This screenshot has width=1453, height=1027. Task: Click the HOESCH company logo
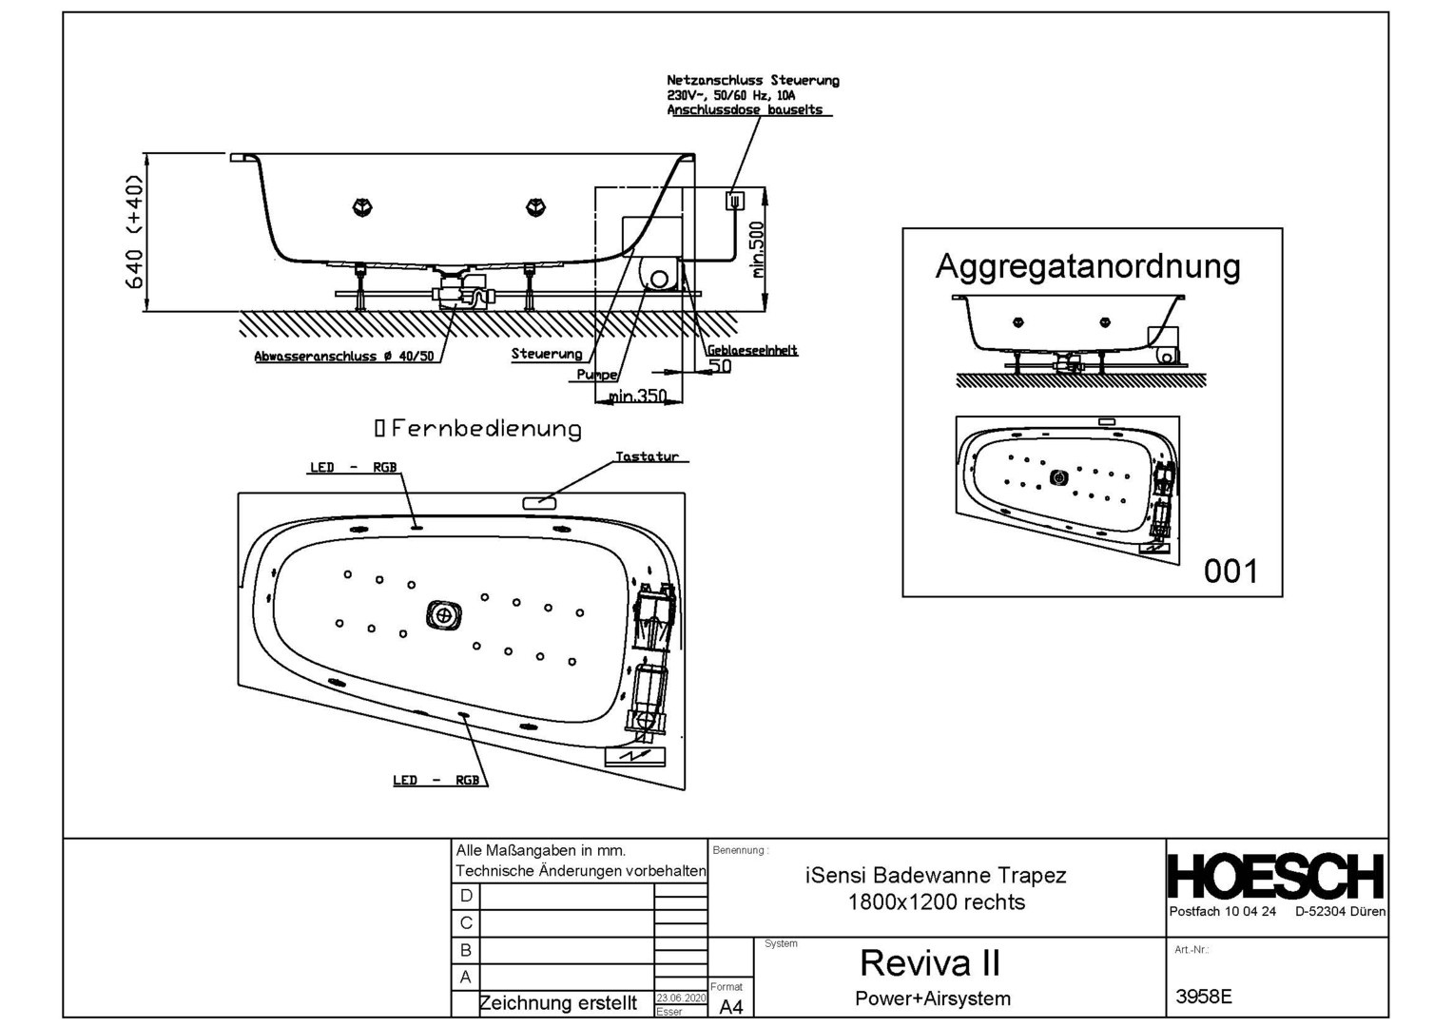coord(1276,877)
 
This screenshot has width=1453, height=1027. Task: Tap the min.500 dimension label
coord(757,249)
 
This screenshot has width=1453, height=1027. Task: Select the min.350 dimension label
coord(638,396)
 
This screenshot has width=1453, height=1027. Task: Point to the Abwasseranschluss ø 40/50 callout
coord(343,357)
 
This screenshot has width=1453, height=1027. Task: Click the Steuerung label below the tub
coord(547,354)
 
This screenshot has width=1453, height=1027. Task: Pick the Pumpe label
coord(596,375)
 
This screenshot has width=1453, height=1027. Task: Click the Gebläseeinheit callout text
coord(752,350)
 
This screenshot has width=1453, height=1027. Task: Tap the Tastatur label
coord(647,456)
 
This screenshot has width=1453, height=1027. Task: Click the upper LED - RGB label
coord(353,468)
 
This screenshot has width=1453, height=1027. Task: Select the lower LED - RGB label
coord(436,780)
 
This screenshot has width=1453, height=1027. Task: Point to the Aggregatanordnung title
coord(1088,266)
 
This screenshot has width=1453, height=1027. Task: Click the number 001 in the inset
coord(1230,572)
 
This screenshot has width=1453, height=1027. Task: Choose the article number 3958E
coord(1204,997)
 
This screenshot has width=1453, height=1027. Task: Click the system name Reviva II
coord(930,963)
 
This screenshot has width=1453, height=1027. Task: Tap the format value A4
coord(731,1007)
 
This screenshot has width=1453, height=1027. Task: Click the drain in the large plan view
coord(443,615)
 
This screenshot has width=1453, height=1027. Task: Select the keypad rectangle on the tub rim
coord(539,501)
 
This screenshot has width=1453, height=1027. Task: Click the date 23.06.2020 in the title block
coord(681,998)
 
